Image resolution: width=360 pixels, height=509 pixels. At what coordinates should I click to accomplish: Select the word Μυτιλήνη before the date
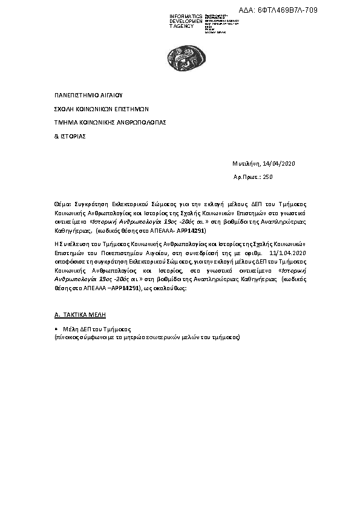coord(246,164)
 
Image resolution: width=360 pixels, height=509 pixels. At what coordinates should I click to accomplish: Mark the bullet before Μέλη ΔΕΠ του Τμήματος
coord(56,329)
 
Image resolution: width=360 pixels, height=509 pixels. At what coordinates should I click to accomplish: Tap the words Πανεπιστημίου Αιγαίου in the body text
coord(120,253)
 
